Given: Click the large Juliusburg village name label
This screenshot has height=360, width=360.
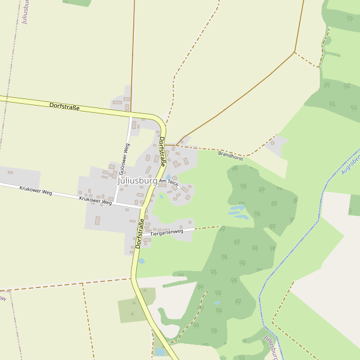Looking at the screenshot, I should tap(137, 180).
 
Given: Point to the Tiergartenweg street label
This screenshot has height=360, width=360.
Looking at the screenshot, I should tap(166, 232).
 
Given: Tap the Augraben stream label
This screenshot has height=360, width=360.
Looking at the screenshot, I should tap(350, 164).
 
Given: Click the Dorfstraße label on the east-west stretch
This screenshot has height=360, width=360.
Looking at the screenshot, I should tap(64, 106).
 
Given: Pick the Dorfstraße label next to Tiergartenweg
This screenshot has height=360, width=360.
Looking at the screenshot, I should tap(140, 233).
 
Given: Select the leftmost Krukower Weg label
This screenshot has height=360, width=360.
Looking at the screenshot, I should tap(35, 192).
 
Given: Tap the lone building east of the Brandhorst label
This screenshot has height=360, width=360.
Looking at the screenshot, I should tap(272, 142).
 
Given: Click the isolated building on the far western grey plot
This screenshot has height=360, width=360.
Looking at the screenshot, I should tap(10, 173).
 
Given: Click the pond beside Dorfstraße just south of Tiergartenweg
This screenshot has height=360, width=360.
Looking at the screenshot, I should tap(142, 261).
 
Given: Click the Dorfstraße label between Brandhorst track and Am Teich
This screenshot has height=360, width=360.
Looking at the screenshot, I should tap(162, 152).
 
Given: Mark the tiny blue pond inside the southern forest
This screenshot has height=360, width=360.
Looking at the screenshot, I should tap(217, 302).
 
